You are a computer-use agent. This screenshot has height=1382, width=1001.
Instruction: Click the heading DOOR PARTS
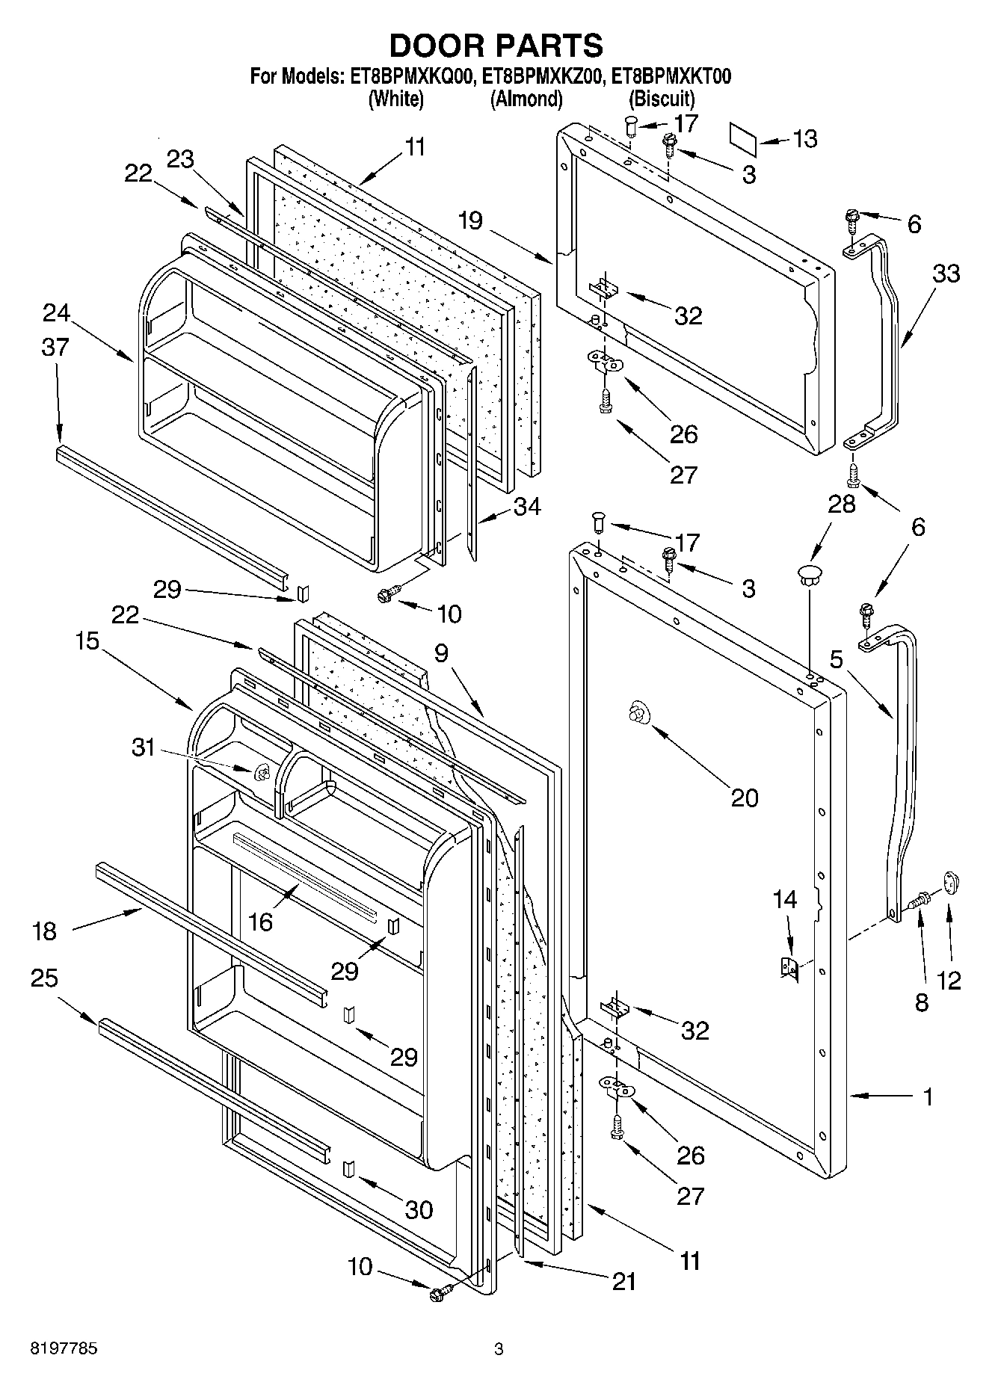click(496, 46)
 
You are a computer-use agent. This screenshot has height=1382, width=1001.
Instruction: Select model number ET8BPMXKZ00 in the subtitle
click(542, 77)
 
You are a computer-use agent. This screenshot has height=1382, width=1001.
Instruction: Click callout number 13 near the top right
click(804, 139)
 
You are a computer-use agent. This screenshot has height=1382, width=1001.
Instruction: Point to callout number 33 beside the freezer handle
click(946, 274)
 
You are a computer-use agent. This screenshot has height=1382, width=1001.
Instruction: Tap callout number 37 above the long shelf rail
click(55, 347)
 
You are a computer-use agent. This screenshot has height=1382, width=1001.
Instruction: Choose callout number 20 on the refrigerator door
click(744, 798)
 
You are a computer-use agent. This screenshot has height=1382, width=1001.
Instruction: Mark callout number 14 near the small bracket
click(785, 899)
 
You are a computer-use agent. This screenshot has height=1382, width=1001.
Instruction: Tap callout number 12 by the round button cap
click(949, 980)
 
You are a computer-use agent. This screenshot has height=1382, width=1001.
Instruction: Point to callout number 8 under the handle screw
click(921, 1002)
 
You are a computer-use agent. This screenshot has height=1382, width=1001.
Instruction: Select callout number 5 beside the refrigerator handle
click(837, 659)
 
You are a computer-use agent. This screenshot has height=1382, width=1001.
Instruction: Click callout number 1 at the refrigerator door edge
click(928, 1097)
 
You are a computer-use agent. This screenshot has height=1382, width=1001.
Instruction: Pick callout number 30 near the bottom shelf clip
click(419, 1209)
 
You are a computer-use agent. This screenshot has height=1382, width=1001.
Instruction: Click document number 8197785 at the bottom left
click(64, 1349)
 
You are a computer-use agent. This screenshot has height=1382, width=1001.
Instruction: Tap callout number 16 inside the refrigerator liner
click(261, 922)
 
